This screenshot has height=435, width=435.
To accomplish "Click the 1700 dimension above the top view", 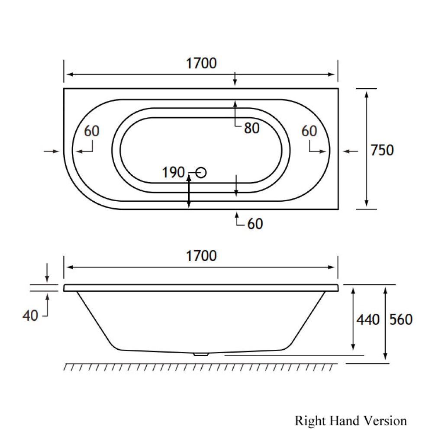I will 201,64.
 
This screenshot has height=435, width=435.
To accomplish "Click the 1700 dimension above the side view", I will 201,256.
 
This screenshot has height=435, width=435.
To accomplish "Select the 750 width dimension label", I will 383,150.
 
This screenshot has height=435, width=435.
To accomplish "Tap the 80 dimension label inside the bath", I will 251,128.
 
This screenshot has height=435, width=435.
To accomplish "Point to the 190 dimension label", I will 173,173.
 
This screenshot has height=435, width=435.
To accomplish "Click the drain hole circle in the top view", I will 201,173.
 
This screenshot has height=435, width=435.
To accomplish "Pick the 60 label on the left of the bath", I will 91,131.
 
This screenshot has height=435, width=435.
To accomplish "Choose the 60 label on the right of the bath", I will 309,131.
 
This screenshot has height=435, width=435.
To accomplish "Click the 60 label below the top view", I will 255,224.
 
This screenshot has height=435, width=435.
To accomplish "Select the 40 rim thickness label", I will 30,316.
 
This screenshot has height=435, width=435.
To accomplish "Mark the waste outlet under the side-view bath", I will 200,354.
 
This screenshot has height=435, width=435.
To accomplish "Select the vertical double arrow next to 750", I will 367,148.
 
